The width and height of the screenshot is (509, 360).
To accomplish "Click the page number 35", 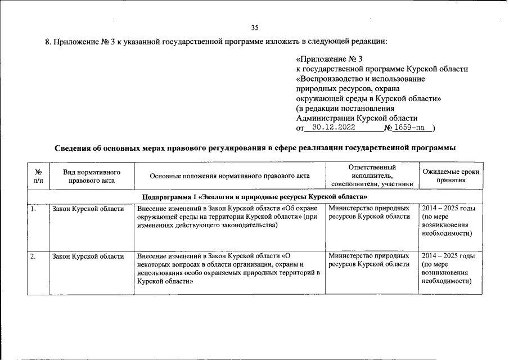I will (x=254, y=28).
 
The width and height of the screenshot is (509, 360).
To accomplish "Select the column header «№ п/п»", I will (x=38, y=176).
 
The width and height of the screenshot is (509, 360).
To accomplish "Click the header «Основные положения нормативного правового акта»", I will (x=229, y=176).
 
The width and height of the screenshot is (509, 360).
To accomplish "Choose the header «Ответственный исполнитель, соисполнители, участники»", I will (x=372, y=175).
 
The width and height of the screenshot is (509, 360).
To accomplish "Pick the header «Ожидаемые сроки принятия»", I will (x=449, y=176).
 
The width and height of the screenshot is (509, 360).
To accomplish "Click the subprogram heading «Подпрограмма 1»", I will (x=254, y=197).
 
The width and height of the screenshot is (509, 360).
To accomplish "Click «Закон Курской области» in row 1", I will (x=88, y=209).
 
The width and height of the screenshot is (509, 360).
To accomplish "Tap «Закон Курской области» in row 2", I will (x=88, y=256).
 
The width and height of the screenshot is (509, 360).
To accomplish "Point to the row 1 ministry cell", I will (x=370, y=213).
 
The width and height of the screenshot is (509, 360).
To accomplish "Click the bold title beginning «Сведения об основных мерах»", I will (x=254, y=147).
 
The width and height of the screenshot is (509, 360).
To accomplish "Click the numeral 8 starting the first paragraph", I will (x=47, y=42).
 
